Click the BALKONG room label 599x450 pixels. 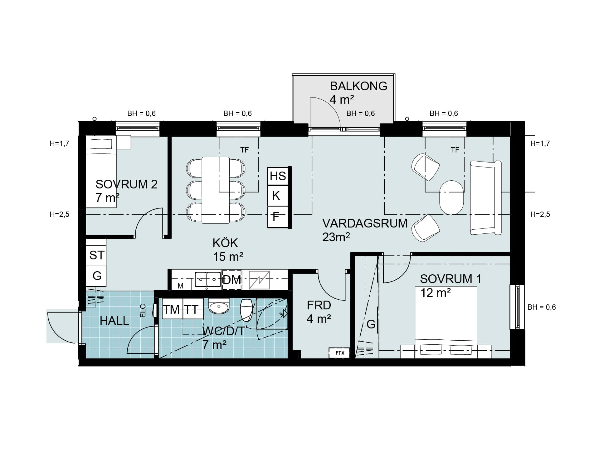[x=358, y=86]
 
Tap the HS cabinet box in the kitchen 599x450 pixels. [x=278, y=176]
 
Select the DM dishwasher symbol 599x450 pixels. [x=232, y=280]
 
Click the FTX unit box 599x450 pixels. [x=339, y=353]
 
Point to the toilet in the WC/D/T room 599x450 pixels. [x=246, y=310]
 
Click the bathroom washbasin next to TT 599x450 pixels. [x=219, y=307]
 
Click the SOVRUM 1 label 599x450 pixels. [x=450, y=279]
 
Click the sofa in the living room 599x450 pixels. [x=486, y=197]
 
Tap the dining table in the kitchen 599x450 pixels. [x=216, y=190]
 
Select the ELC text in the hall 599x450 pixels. [x=143, y=311]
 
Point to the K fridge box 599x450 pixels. [x=278, y=196]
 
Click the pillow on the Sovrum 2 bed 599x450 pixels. [x=101, y=144]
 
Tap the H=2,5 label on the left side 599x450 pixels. [x=60, y=214]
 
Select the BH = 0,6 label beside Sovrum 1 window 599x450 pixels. [x=542, y=307]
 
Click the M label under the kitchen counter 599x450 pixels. [x=180, y=286]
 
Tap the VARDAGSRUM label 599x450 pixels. [x=365, y=223]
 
